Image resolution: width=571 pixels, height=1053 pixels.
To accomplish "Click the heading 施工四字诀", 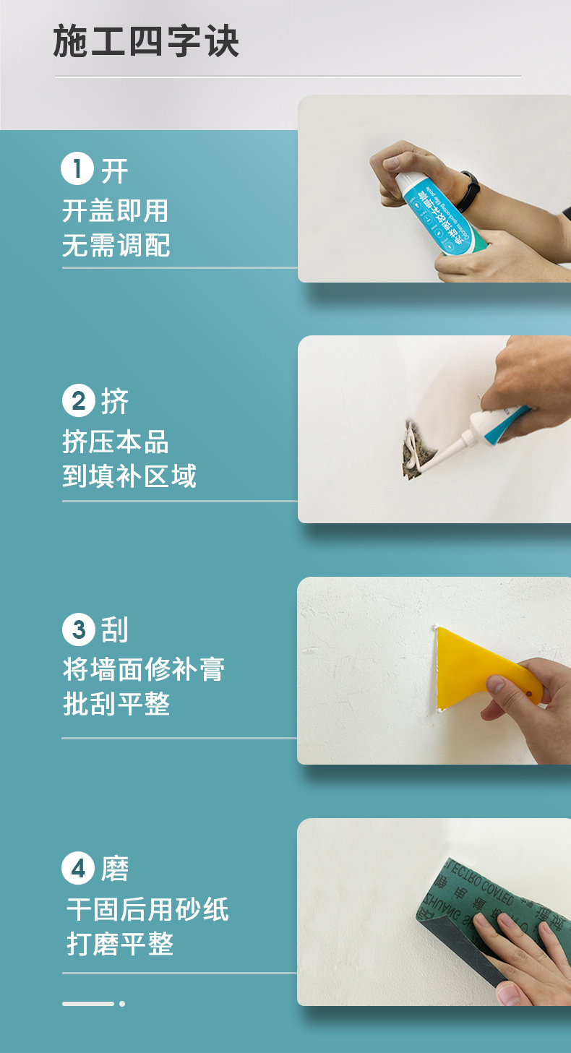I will coord(146,42).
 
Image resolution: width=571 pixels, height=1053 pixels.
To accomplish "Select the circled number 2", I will coord(78,401).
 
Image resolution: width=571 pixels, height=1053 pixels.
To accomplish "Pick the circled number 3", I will coord(78,629).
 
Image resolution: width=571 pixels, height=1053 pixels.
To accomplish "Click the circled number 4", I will coord(78,868).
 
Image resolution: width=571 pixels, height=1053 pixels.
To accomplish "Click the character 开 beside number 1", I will coord(114,171).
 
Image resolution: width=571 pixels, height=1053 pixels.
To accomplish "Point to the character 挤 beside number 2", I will coord(114,402).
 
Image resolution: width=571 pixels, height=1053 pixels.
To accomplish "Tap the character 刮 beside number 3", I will coord(114,630).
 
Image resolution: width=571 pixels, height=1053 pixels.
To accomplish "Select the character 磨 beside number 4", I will coord(114,869).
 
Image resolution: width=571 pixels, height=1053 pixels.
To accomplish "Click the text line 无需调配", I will coord(116,246).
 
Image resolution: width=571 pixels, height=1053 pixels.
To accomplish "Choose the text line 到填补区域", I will coord(129,476).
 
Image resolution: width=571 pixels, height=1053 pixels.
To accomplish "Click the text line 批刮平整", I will coord(116,704).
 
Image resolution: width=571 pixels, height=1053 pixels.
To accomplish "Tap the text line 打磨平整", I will coord(120,944).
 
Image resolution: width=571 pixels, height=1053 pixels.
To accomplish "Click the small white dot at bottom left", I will coord(122,1003).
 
